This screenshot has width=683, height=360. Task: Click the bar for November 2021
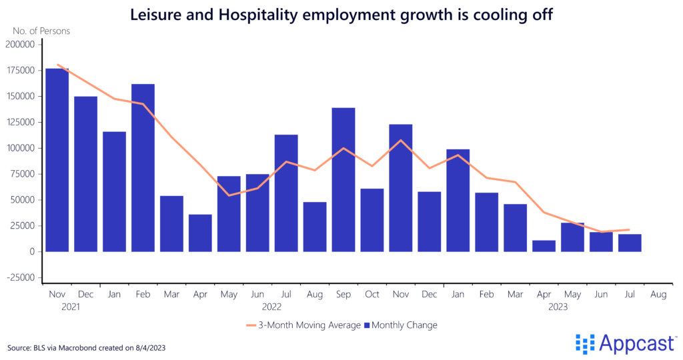(57, 160)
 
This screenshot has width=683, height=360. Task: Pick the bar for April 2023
(544, 246)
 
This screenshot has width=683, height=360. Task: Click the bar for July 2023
(630, 243)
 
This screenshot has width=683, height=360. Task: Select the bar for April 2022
(200, 233)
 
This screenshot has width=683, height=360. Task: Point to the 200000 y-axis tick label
(21, 45)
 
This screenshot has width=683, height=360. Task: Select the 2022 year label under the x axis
(271, 307)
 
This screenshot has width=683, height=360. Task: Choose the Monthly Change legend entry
(400, 325)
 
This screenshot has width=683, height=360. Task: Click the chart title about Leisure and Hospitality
(341, 15)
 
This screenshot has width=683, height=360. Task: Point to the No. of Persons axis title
(41, 31)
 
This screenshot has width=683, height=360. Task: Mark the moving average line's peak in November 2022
(400, 140)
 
